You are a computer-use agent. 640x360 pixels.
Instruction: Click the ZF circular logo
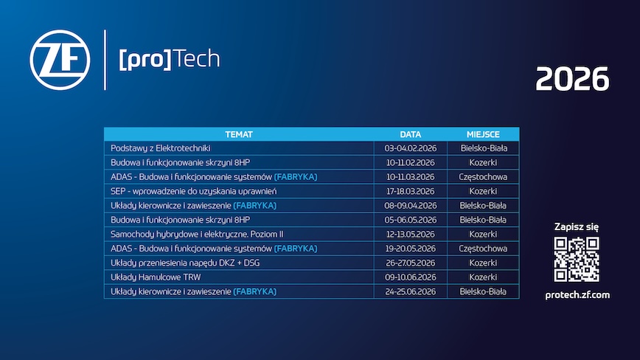pyautogui.click(x=60, y=59)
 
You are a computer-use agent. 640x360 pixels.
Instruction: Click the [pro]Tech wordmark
pyautogui.click(x=169, y=59)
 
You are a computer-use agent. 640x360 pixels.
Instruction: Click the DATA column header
pyautogui.click(x=411, y=134)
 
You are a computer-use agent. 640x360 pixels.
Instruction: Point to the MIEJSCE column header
pyautogui.click(x=483, y=134)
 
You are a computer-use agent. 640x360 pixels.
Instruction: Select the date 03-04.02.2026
pyautogui.click(x=411, y=148)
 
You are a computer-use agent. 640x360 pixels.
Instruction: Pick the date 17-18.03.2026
pyautogui.click(x=411, y=191)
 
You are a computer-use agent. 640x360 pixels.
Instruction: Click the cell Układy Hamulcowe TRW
pyautogui.click(x=156, y=277)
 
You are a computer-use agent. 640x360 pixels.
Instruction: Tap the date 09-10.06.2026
pyautogui.click(x=411, y=277)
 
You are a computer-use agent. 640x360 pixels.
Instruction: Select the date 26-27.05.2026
pyautogui.click(x=411, y=263)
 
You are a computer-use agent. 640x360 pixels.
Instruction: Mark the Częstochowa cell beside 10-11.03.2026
pyautogui.click(x=483, y=177)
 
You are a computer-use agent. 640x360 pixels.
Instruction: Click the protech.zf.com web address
pyautogui.click(x=577, y=294)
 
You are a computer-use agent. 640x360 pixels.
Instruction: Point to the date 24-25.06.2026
pyautogui.click(x=411, y=292)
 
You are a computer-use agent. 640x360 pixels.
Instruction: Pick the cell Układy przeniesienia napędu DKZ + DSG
pyautogui.click(x=186, y=263)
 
